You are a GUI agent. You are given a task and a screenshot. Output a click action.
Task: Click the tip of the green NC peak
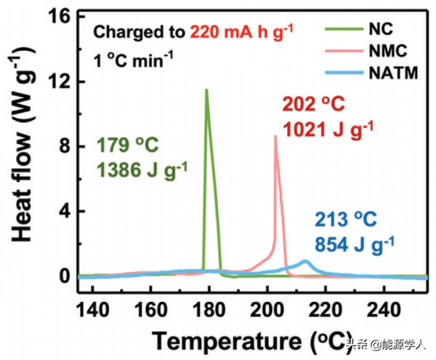[x=206, y=89]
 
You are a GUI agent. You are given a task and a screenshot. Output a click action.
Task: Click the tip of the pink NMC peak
[x=275, y=136]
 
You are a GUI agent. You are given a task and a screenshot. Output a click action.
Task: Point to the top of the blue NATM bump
[x=305, y=260]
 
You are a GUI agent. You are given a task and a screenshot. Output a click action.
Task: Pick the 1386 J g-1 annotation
[x=142, y=168]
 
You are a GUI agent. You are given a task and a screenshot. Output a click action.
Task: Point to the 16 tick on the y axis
[x=62, y=17]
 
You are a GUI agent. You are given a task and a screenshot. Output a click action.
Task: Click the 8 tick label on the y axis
[x=65, y=146]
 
